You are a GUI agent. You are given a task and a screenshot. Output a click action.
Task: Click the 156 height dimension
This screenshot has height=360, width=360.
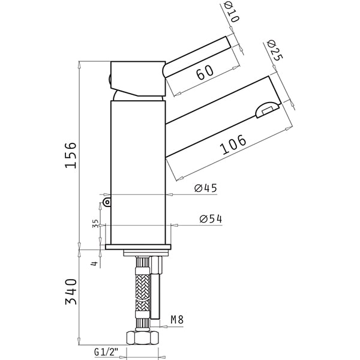click(x=70, y=155)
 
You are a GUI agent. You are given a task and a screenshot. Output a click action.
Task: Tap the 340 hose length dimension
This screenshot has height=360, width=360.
click(x=71, y=292)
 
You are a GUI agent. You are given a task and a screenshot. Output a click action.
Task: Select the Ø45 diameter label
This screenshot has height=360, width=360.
click(x=206, y=188)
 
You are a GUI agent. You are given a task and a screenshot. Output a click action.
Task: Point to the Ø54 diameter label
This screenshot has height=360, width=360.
click(x=211, y=219)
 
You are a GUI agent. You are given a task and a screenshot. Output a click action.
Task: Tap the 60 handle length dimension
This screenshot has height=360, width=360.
click(x=205, y=72)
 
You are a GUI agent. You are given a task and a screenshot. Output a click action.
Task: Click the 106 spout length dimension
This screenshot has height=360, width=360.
click(x=233, y=145)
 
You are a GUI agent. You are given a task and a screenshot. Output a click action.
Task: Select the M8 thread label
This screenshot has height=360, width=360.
click(x=177, y=319)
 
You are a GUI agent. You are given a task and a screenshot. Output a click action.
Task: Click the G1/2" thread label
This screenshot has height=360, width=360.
click(x=106, y=352)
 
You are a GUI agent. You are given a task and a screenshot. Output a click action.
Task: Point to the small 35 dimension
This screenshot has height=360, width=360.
click(x=95, y=223)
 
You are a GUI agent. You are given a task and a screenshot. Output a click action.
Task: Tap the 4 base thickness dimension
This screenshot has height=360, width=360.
click(x=95, y=263)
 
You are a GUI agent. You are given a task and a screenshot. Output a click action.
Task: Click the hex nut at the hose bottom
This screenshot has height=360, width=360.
click(x=142, y=337)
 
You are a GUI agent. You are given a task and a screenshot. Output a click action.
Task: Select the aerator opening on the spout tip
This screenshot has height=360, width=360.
click(x=267, y=110)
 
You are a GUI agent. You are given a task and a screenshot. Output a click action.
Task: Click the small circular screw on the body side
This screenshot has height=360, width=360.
click(x=107, y=202)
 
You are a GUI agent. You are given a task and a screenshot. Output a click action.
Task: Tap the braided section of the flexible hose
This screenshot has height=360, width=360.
click(x=142, y=292)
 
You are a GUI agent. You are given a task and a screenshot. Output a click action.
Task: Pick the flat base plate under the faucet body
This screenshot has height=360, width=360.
click(x=138, y=247)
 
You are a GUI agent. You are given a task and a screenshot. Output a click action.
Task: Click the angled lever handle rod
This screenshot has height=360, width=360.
click(x=196, y=57)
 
